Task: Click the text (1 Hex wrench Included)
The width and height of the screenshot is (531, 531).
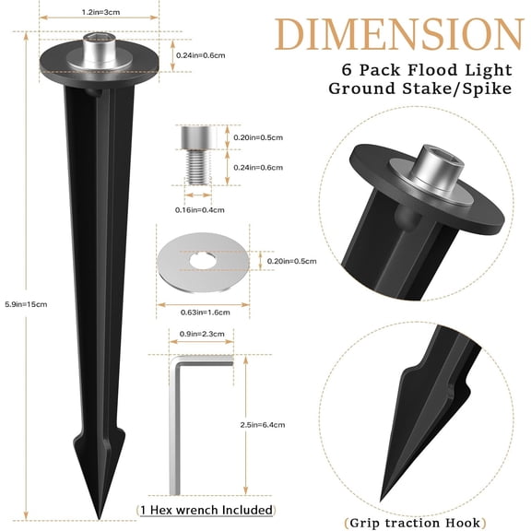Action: click(206, 510)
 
